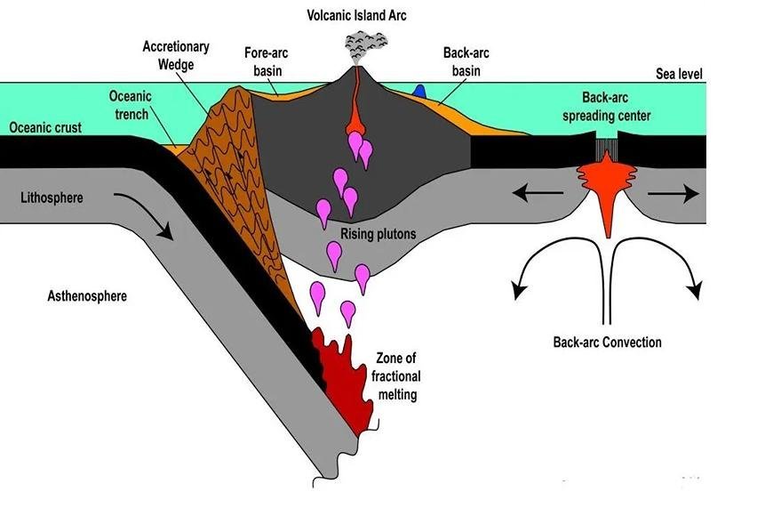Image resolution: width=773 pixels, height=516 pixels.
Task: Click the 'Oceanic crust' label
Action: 45,127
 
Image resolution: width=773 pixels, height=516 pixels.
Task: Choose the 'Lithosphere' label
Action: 52,197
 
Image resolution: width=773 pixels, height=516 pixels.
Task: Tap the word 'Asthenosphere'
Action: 87,295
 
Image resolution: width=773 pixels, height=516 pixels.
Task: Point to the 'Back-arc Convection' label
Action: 607,342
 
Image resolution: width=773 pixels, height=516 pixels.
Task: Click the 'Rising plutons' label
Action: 379,234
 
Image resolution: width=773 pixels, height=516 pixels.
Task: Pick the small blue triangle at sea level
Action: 424,91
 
